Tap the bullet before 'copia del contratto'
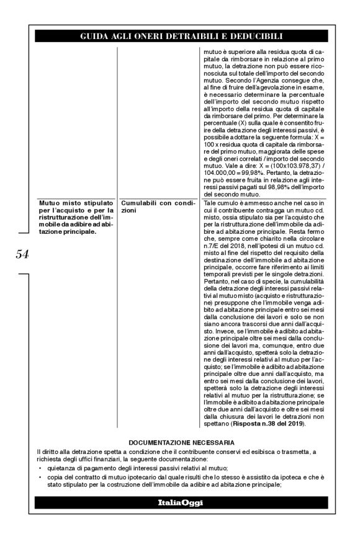click(x=39, y=478)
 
